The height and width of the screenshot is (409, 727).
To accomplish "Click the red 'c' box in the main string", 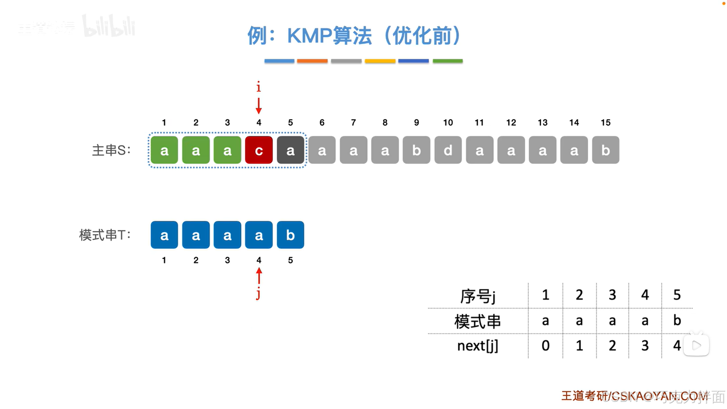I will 259,150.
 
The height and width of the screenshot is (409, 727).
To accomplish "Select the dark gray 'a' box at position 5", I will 290,150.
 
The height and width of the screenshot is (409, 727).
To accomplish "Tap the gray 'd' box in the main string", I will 448,150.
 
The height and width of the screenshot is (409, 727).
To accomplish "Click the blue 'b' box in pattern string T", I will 290,235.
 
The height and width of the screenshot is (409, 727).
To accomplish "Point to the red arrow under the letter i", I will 259,105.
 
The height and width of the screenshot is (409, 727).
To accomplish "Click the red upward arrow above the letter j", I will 259,276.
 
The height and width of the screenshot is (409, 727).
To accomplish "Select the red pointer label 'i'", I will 259,87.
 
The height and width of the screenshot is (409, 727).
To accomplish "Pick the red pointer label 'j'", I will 258,294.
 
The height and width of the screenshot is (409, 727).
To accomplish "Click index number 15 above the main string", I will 605,122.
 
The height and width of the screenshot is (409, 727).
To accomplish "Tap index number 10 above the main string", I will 448,122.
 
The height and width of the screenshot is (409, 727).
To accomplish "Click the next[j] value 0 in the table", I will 545,346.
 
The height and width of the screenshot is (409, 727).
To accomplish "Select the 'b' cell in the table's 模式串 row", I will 677,321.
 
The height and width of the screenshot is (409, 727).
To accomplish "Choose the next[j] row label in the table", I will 477,346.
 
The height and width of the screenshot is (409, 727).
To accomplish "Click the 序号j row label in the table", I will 477,296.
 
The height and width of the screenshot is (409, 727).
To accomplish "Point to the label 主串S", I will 111,150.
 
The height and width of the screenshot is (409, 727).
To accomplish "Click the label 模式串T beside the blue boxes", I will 105,235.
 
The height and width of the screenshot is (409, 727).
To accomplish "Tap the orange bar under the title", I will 312,61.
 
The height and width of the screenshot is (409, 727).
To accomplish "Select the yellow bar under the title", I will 380,61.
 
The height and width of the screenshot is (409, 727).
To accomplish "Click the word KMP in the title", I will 309,36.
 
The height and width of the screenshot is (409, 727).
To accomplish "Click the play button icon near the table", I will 696,345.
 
